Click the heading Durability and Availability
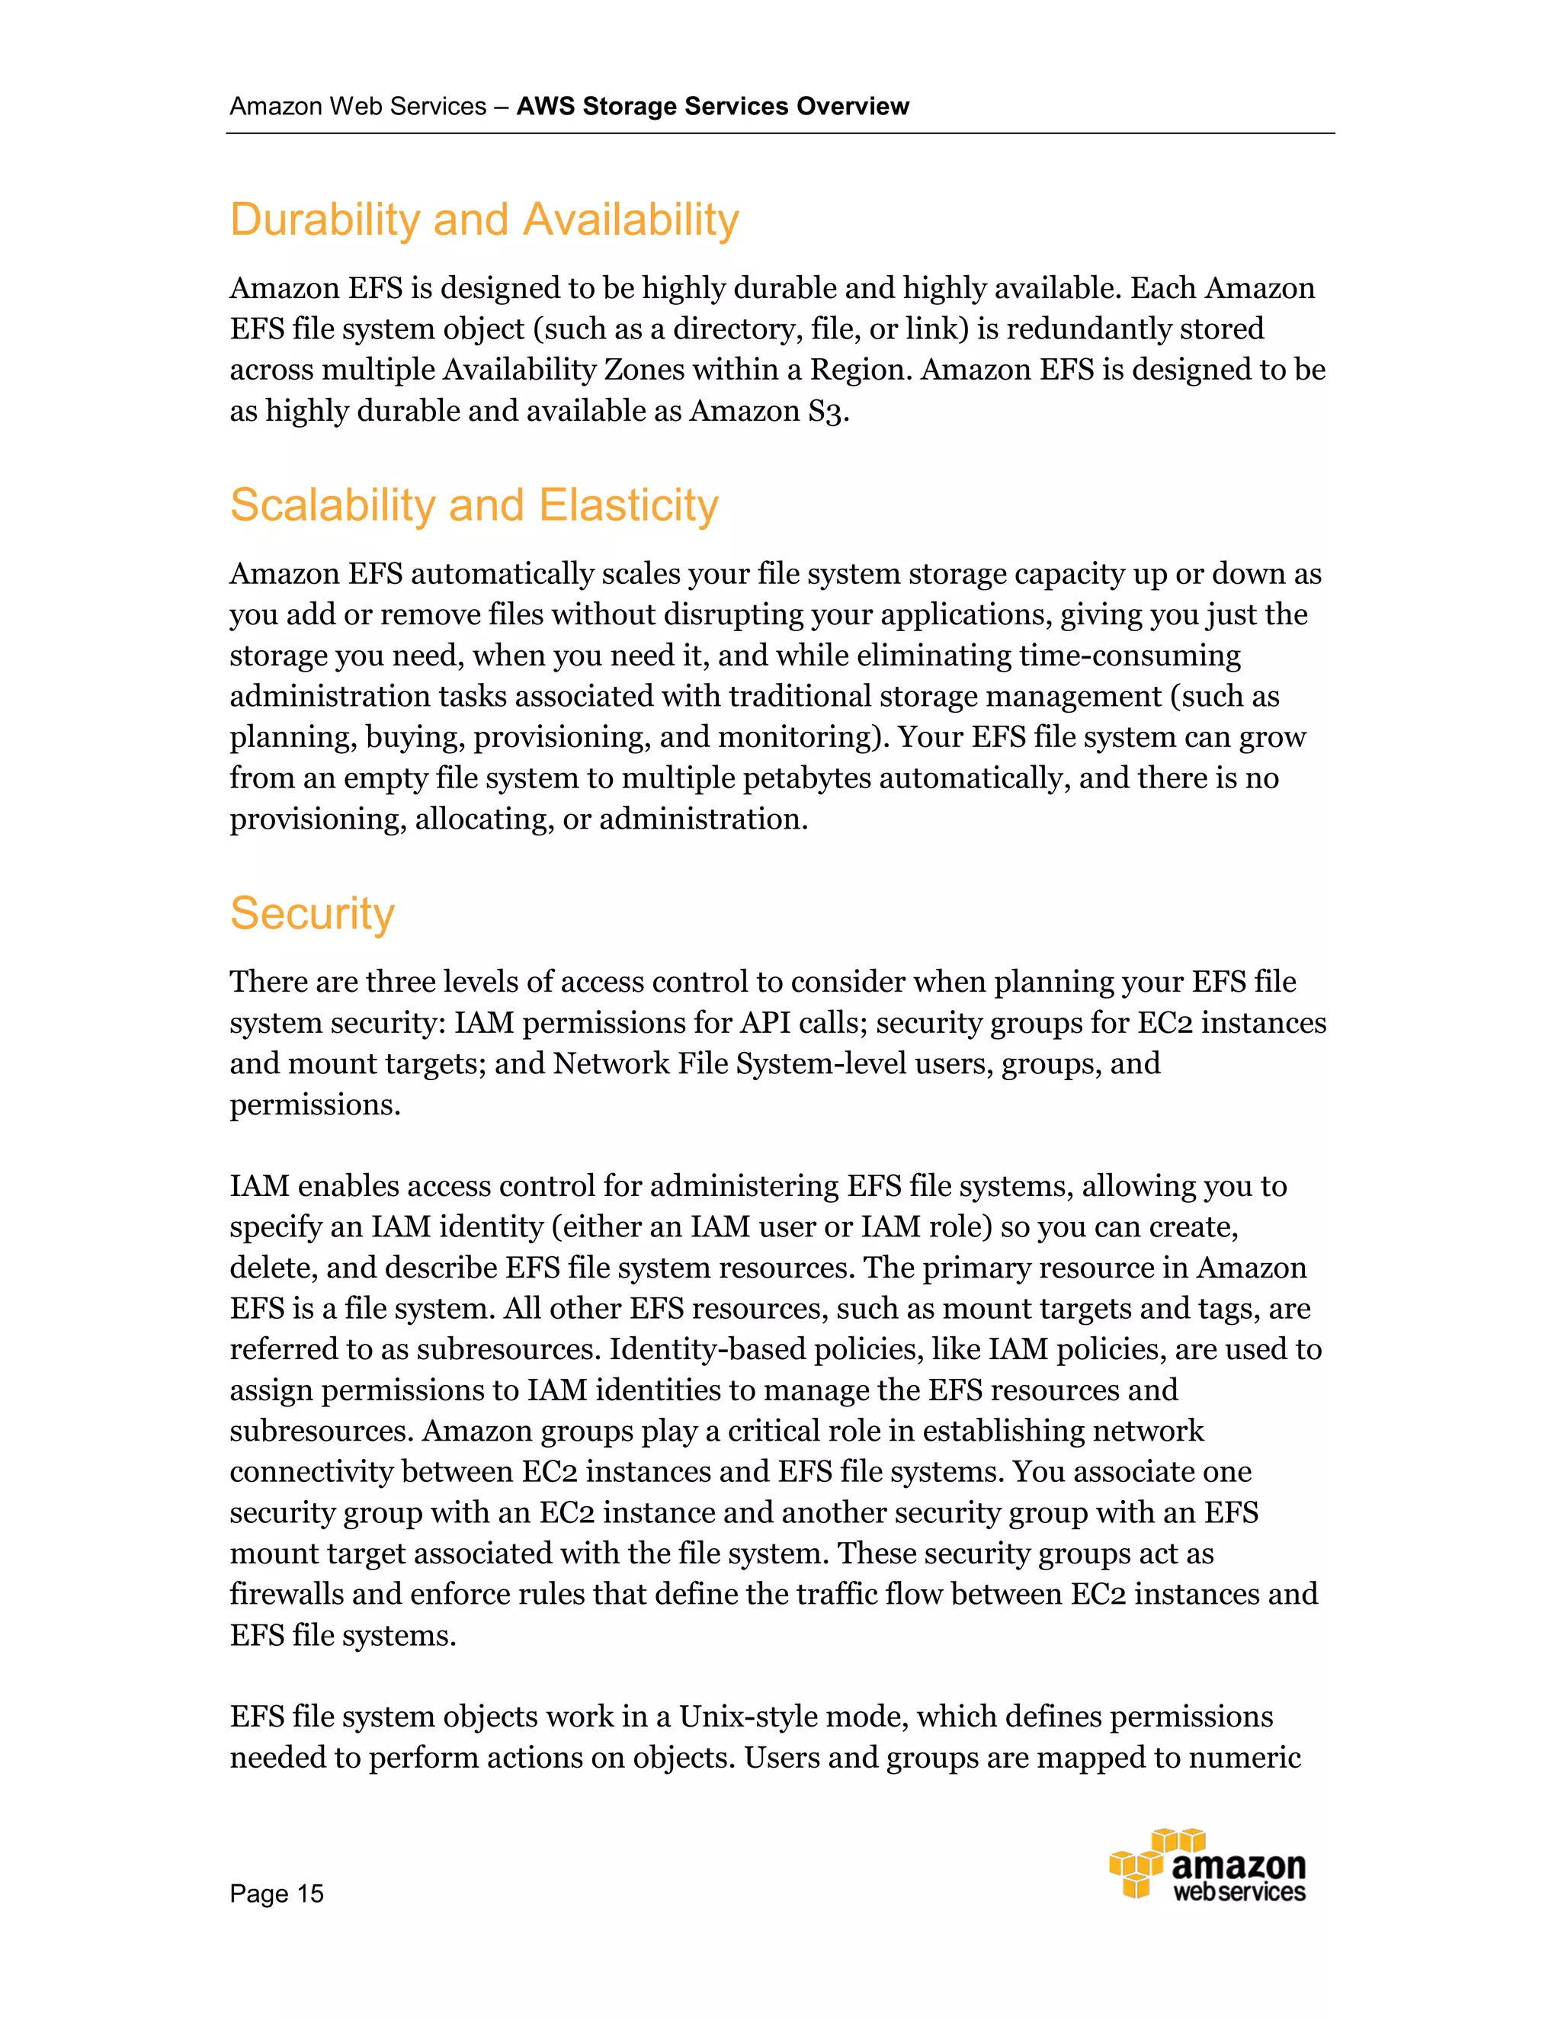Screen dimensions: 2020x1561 [x=484, y=220]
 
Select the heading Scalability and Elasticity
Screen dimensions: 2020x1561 [x=473, y=506]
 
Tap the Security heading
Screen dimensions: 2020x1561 [x=312, y=914]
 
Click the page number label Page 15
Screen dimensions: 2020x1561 [x=277, y=1893]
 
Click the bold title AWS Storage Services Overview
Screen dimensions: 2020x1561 [x=712, y=107]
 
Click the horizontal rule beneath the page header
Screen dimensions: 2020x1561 [x=780, y=134]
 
